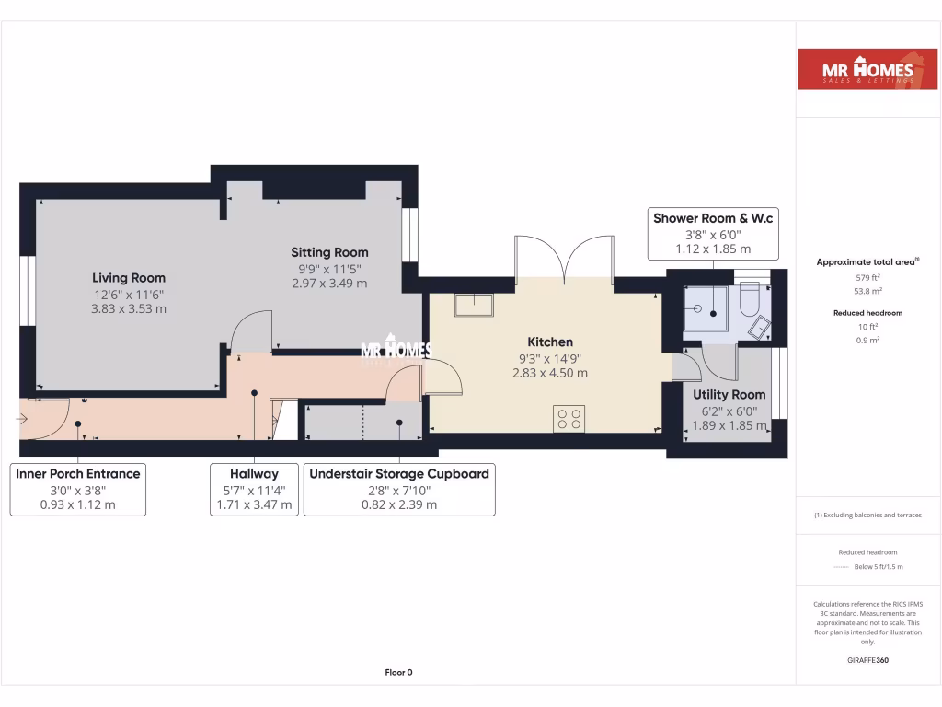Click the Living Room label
(x=129, y=278)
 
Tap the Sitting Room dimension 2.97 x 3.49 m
(x=329, y=284)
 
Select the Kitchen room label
(x=550, y=342)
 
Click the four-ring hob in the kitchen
(x=569, y=419)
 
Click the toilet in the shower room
(x=748, y=296)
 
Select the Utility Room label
(x=729, y=395)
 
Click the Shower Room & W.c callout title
(x=713, y=218)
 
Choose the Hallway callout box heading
(x=254, y=474)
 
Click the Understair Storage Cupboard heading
(x=399, y=474)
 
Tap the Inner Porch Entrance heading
(x=78, y=474)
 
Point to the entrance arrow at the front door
(x=22, y=419)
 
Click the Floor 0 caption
(x=398, y=673)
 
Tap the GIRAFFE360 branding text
(x=867, y=660)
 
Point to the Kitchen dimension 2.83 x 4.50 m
(x=550, y=374)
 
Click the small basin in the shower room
(x=761, y=327)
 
